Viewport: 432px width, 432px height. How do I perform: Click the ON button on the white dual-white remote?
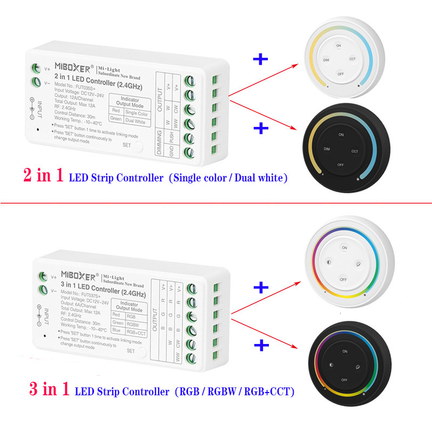pos(339,46)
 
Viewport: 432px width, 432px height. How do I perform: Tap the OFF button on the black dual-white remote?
pos(341,164)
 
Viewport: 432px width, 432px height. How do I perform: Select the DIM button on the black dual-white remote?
pos(327,147)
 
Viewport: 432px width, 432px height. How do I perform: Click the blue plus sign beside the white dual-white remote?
pos(261,59)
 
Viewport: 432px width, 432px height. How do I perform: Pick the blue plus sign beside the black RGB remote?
pos(261,344)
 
